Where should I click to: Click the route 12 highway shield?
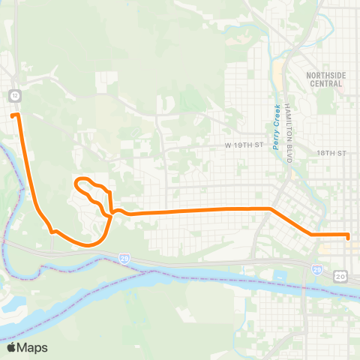(x=14, y=95)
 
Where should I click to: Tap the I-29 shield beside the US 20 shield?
(x=317, y=268)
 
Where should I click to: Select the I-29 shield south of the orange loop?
(x=122, y=258)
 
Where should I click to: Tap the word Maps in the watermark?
(x=34, y=347)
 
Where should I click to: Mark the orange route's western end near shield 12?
(x=14, y=115)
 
